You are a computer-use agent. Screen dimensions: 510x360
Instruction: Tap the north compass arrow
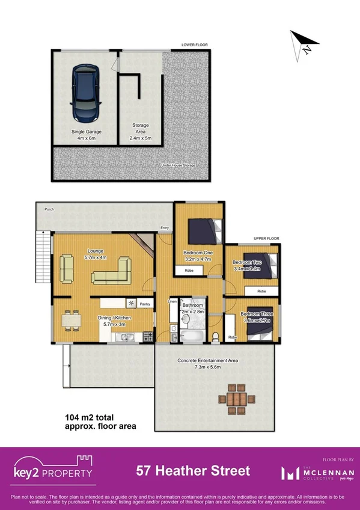[301, 45]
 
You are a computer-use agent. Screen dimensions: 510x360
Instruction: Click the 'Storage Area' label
[141, 132]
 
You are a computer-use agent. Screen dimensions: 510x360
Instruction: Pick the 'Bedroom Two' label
[246, 262]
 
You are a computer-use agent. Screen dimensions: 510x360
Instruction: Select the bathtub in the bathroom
[188, 336]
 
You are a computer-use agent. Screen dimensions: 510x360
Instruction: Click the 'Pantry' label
[144, 304]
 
